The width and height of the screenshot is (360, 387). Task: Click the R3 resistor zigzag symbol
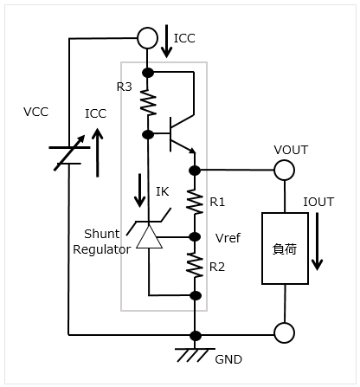(x=148, y=103)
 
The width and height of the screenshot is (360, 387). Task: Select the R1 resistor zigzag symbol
(x=195, y=202)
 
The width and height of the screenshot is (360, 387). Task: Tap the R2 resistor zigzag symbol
(x=195, y=265)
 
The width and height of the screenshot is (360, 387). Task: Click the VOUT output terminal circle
(x=284, y=170)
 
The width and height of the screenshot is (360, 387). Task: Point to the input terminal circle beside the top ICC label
(x=147, y=38)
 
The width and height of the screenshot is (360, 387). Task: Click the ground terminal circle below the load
(x=284, y=332)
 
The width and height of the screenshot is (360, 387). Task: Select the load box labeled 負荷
(x=285, y=248)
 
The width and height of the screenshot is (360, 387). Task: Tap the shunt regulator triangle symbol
(x=149, y=236)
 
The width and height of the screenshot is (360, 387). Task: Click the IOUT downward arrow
(x=318, y=242)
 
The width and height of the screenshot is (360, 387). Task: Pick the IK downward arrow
(x=140, y=190)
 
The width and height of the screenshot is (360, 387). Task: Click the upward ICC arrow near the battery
(x=98, y=152)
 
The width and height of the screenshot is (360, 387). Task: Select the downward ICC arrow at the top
(x=166, y=42)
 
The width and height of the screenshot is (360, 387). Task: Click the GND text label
(x=228, y=359)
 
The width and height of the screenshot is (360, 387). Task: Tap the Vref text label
(x=228, y=238)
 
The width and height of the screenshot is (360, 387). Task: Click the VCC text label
(x=35, y=112)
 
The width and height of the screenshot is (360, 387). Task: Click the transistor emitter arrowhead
(x=193, y=151)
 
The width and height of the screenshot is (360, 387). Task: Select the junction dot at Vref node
(x=195, y=237)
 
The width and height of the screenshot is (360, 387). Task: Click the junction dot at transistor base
(x=148, y=134)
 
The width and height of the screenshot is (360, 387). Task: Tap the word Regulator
(x=102, y=249)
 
